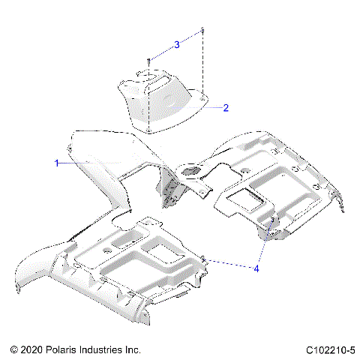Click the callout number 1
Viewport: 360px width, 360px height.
coord(56,162)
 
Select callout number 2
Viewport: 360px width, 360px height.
coord(225,107)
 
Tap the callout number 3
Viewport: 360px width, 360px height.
coord(176,44)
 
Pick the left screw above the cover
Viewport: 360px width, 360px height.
coord(150,60)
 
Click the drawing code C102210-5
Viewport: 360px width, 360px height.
coord(330,349)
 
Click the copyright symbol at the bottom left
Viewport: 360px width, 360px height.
coord(14,349)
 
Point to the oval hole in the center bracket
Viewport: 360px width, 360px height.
coord(191,170)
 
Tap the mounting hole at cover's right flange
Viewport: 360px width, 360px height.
coord(202,94)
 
